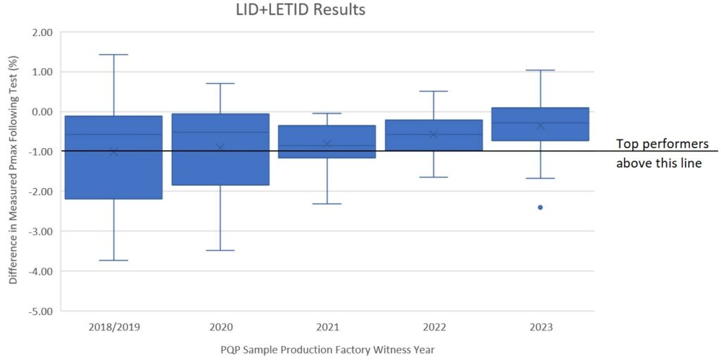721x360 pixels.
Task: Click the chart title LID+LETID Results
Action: pos(300,10)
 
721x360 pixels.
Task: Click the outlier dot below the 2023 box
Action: pos(540,207)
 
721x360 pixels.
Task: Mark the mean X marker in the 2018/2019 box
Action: pos(113,151)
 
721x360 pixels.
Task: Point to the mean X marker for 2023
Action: pos(540,125)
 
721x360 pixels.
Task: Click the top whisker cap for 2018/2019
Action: pos(113,54)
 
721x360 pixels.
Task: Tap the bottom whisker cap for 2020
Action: pos(220,250)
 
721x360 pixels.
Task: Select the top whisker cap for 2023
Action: pos(540,70)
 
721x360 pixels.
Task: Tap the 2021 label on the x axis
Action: pos(327,328)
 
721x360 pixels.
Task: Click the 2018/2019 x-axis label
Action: pos(113,328)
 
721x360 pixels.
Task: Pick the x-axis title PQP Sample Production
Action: pos(326,349)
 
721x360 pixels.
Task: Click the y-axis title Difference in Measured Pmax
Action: pos(13,171)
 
